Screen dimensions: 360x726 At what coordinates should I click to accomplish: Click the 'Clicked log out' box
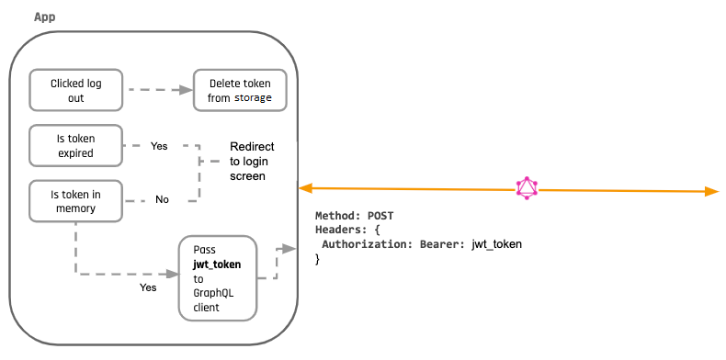(x=76, y=90)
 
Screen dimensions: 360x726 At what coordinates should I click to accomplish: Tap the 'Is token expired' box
(x=76, y=146)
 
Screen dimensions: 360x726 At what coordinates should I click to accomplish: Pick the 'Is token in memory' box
(x=76, y=201)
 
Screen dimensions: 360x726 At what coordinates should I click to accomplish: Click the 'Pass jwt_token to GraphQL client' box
(x=217, y=278)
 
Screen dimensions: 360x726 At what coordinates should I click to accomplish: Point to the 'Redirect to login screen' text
(x=252, y=161)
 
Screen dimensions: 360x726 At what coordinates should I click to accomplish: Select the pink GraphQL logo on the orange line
(x=527, y=188)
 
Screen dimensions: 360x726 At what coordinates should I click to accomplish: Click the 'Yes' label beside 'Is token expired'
(x=159, y=146)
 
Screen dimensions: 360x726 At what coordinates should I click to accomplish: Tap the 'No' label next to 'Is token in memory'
(x=162, y=199)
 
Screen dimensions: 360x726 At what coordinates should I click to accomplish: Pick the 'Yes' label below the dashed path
(x=147, y=287)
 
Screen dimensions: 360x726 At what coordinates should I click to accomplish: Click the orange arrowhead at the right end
(x=710, y=191)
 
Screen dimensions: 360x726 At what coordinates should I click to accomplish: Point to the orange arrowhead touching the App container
(x=305, y=188)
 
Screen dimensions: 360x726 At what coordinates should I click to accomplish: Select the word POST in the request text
(x=380, y=215)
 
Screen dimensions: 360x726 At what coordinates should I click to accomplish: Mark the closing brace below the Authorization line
(x=318, y=260)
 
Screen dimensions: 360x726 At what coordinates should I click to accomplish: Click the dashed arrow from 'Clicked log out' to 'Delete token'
(x=158, y=90)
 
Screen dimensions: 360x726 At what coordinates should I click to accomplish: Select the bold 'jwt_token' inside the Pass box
(x=217, y=264)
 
